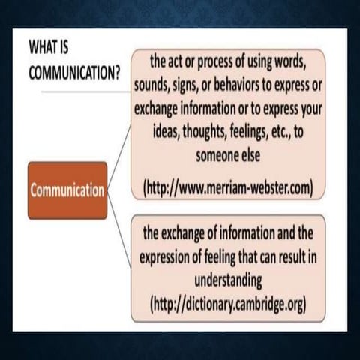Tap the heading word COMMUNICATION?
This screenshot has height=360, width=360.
click(73, 75)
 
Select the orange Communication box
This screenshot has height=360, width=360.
click(67, 190)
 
